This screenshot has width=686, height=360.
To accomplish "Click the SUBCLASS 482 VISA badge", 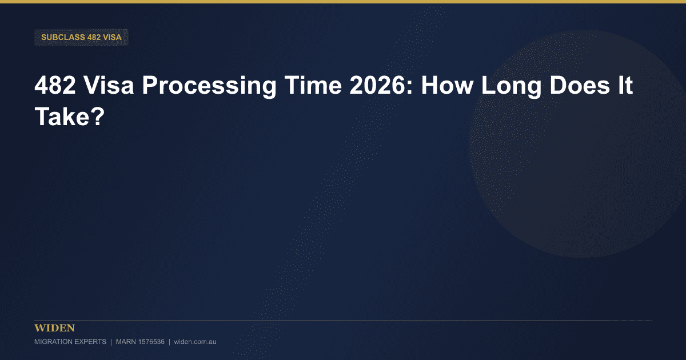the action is coord(81,37).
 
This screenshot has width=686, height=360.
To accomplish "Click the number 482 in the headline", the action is coord(55,85).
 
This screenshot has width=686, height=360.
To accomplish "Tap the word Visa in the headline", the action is coord(109,85).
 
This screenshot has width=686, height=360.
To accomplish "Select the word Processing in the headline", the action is coord(209,87).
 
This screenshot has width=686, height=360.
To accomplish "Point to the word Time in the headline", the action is coord(313,85).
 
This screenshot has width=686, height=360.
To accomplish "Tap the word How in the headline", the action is coord(447,85).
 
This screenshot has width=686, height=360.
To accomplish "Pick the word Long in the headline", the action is coord(512,87).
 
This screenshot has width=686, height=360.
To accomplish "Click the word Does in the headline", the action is coord(580,85).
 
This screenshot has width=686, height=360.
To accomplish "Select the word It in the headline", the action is coord(625,85).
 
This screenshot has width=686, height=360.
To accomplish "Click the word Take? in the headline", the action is coord(70,117).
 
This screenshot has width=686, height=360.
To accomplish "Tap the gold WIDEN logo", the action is coord(54,328).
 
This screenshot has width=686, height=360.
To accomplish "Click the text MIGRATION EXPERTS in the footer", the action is coord(70,342).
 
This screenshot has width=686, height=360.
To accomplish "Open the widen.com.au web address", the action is coord(195,342).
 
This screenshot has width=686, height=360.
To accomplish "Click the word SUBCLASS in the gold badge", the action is coord(63,37).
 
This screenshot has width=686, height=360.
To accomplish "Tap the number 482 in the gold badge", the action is coord(94,37).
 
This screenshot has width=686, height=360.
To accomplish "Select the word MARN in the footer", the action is coord(126,342).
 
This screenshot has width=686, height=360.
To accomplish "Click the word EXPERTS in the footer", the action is coord(90,342).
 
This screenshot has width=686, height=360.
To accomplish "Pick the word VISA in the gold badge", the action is coord(113,37).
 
